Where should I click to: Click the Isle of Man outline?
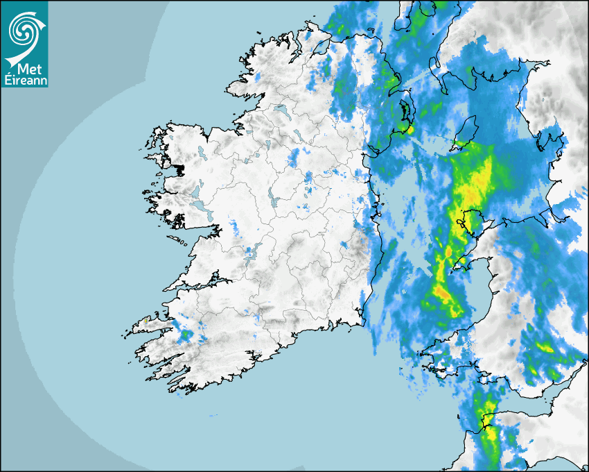(466, 132)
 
